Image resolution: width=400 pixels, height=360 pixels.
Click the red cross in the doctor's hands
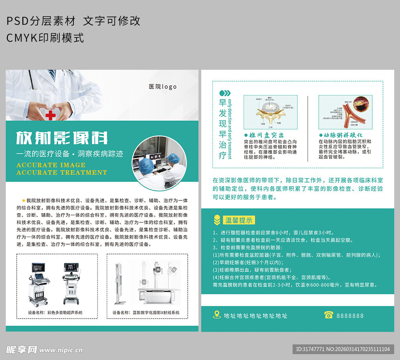(x=50, y=115)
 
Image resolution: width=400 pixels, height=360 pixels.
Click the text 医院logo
(x=162, y=87)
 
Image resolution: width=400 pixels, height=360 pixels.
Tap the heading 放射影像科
(x=62, y=138)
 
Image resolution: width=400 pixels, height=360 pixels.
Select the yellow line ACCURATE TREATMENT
(x=62, y=172)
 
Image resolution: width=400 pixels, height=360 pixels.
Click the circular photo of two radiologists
(x=159, y=162)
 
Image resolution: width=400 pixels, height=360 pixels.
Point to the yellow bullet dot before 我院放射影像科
(x=23, y=200)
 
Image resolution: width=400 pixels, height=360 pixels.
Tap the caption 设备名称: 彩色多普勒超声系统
(x=55, y=312)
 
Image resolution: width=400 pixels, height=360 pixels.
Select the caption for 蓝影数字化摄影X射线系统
(x=146, y=312)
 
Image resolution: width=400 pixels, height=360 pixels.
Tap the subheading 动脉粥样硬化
(x=340, y=135)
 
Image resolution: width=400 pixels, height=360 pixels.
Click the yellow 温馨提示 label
(x=239, y=220)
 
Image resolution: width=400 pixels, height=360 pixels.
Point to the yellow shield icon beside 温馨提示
(x=217, y=220)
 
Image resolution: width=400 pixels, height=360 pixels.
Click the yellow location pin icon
(x=217, y=315)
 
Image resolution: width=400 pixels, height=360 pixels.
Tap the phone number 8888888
(x=350, y=315)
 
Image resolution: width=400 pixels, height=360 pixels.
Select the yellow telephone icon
(x=329, y=315)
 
